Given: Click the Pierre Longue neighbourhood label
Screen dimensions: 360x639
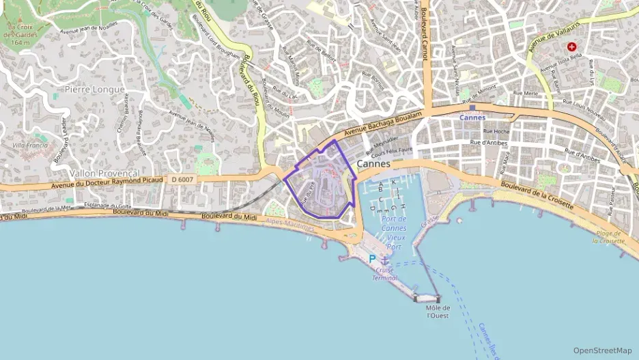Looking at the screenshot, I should click(95, 89).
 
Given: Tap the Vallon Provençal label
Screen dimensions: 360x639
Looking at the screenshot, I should click(104, 174).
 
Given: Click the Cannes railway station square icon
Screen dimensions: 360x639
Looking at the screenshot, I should click(472, 107).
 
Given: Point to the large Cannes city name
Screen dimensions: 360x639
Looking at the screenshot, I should click(373, 165).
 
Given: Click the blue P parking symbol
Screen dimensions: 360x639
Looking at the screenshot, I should click(372, 258).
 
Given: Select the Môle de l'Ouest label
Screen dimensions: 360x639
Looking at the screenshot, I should click(438, 311).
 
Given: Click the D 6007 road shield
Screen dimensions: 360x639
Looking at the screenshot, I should click(184, 179).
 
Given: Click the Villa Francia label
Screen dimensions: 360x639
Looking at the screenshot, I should click(30, 146).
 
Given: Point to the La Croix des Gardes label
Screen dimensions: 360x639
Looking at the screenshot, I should click(20, 35).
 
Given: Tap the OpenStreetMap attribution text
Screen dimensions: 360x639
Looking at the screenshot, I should click(602, 350).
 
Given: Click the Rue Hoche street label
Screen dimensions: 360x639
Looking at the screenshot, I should click(496, 130).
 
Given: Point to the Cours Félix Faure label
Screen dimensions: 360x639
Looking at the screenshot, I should click(393, 150).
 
